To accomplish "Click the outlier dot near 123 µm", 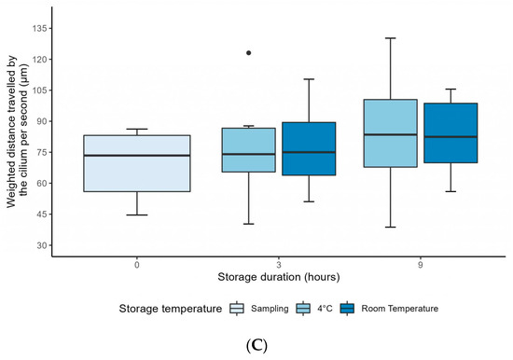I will (249, 53).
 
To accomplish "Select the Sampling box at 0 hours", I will (137, 163).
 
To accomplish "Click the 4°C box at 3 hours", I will (249, 150).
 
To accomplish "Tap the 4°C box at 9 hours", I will (390, 133).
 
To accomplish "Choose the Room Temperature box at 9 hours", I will (450, 132).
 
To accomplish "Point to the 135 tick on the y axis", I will (39, 28).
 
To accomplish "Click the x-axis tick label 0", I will (137, 264).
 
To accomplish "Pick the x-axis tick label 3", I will (279, 264).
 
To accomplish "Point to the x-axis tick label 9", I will (420, 264).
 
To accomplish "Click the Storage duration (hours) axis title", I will (278, 277).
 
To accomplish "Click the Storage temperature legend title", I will (163, 307).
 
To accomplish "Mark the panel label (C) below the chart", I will (256, 343).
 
